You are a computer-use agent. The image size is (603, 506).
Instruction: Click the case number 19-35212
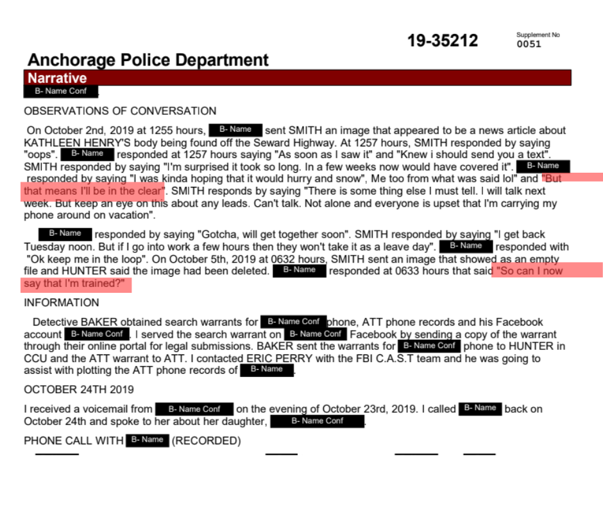pyautogui.click(x=442, y=41)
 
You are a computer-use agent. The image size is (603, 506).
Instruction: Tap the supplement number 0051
pyautogui.click(x=529, y=44)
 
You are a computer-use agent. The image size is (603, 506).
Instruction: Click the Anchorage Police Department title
pyautogui.click(x=148, y=60)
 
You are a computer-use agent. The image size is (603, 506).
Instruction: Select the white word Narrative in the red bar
pyautogui.click(x=57, y=78)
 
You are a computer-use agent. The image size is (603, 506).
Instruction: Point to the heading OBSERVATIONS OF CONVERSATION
pyautogui.click(x=120, y=111)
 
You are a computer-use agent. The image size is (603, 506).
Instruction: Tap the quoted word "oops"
pyautogui.click(x=41, y=155)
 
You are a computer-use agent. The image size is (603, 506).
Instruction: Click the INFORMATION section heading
pyautogui.click(x=62, y=302)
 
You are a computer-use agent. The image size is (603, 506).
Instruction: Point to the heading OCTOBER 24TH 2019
pyautogui.click(x=78, y=390)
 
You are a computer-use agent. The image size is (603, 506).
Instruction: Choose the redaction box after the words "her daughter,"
pyautogui.click(x=318, y=421)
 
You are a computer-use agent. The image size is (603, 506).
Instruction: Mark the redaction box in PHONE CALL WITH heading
pyautogui.click(x=148, y=440)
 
